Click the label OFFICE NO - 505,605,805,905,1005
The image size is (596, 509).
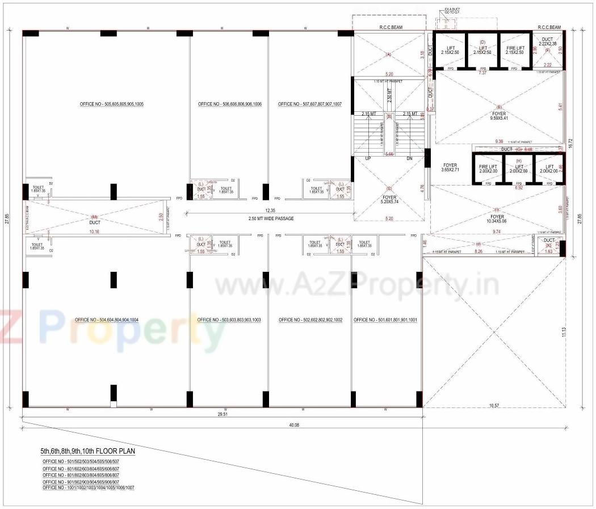pyautogui.click(x=108, y=104)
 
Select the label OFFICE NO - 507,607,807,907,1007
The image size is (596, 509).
pyautogui.click(x=310, y=104)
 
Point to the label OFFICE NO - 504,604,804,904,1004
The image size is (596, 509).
pyautogui.click(x=103, y=320)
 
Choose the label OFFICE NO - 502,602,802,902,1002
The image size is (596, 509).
pyautogui.click(x=310, y=320)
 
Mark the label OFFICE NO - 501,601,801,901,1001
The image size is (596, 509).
pyautogui.click(x=385, y=320)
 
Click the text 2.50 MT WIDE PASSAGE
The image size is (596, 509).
pyautogui.click(x=271, y=218)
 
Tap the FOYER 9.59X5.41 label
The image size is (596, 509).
pyautogui.click(x=499, y=116)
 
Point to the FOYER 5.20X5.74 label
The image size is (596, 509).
pyautogui.click(x=389, y=201)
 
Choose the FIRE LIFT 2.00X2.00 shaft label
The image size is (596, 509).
pyautogui.click(x=488, y=169)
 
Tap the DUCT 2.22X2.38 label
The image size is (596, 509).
pyautogui.click(x=547, y=41)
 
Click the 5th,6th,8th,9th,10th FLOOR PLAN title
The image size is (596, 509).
pyautogui.click(x=87, y=451)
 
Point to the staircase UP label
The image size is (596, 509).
pyautogui.click(x=368, y=158)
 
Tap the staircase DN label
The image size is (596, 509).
pyautogui.click(x=409, y=158)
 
